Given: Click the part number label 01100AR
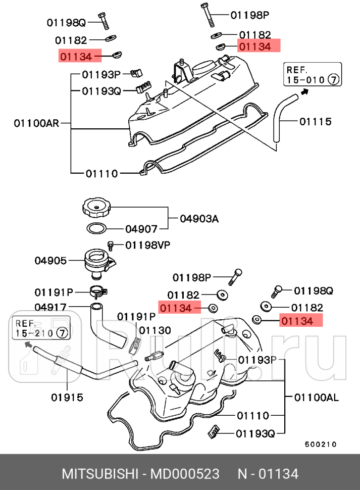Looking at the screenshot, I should point(36,123).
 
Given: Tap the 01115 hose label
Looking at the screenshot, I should point(315,121).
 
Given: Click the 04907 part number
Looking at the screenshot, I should point(142,229).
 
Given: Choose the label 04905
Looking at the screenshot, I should point(50,261).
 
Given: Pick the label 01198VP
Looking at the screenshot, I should point(147,245).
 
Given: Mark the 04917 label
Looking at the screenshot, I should point(50,307).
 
